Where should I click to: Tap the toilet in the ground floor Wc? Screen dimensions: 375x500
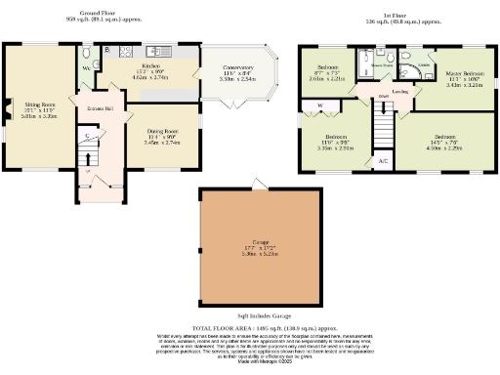[x=87, y=54]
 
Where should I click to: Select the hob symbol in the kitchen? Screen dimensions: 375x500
[x=128, y=52]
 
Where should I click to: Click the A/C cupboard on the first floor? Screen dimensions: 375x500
[x=384, y=160]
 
